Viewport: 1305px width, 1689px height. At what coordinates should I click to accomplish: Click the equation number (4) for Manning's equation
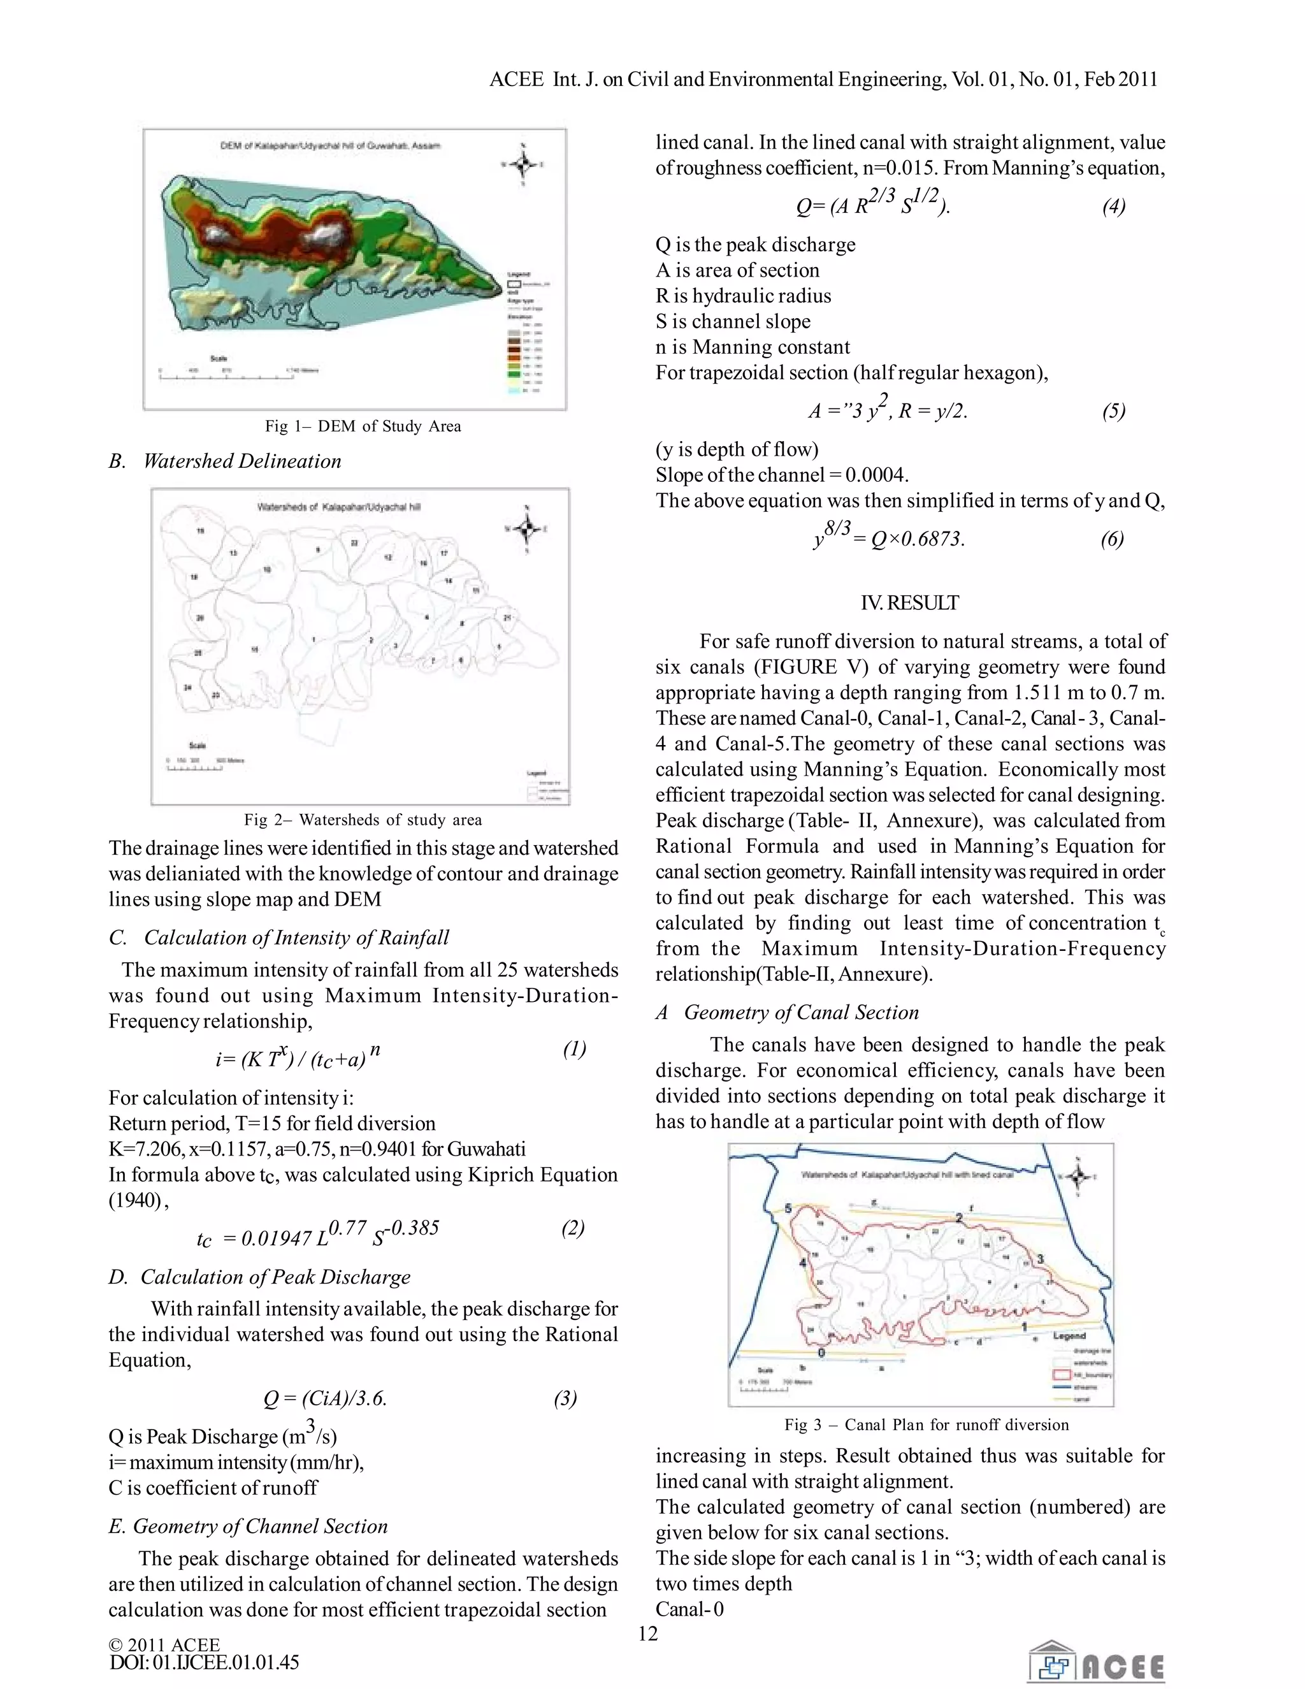pos(1113,206)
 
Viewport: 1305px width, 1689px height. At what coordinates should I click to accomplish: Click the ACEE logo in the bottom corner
pos(1095,1660)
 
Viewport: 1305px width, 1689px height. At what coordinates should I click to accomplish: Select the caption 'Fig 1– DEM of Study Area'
pos(363,426)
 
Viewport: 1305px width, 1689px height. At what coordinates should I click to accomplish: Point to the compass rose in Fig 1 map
pos(523,164)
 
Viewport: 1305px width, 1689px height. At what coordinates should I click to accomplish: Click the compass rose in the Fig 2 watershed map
pos(527,529)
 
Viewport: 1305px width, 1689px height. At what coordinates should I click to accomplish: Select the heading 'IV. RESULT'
pos(910,602)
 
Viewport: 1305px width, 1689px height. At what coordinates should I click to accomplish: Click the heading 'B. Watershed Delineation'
pos(225,461)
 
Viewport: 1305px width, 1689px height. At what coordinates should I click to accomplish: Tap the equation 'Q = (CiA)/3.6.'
pos(325,1398)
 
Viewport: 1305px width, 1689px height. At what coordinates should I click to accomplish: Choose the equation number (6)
pos(1112,539)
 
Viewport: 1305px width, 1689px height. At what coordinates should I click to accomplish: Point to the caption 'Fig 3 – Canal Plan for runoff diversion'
pos(926,1424)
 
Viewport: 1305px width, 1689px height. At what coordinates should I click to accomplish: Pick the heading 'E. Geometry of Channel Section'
pos(247,1526)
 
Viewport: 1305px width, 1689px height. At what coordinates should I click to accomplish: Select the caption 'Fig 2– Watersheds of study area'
pos(363,820)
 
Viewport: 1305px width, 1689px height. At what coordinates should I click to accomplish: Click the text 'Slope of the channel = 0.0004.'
pos(782,475)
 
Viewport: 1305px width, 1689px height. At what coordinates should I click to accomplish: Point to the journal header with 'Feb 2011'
pos(823,80)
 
